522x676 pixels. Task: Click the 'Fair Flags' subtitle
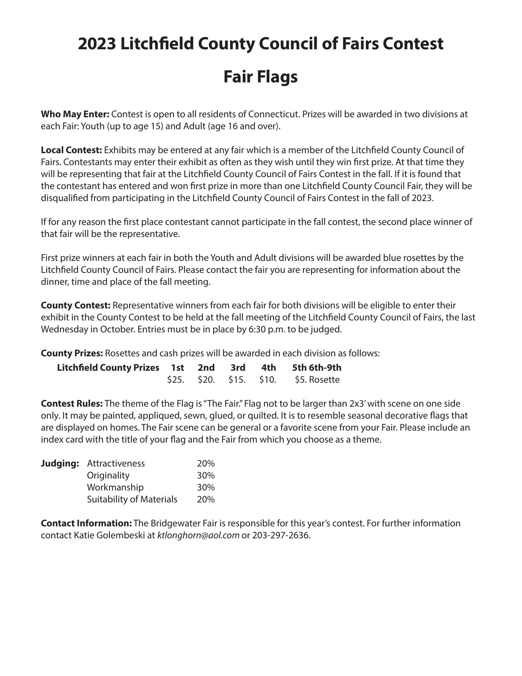pyautogui.click(x=261, y=77)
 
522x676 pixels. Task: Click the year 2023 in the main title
pyautogui.click(x=97, y=44)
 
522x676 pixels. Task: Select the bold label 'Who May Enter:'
pyautogui.click(x=75, y=114)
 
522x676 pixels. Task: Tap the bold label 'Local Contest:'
pyautogui.click(x=71, y=150)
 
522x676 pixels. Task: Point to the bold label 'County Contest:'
pyautogui.click(x=76, y=305)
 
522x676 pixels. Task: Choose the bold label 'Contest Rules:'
pyautogui.click(x=72, y=403)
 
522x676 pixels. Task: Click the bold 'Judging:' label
pyautogui.click(x=60, y=463)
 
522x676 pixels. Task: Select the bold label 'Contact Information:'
pyautogui.click(x=87, y=524)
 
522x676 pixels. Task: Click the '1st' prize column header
pyautogui.click(x=177, y=368)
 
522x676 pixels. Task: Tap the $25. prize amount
pyautogui.click(x=176, y=380)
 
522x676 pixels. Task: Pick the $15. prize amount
pyautogui.click(x=237, y=380)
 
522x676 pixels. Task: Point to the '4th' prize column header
pyautogui.click(x=268, y=368)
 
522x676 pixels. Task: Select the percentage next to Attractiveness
pyautogui.click(x=206, y=463)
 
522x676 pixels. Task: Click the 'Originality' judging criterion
pyautogui.click(x=108, y=475)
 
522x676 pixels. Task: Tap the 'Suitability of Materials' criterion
pyautogui.click(x=132, y=499)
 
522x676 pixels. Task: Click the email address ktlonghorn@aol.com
pyautogui.click(x=198, y=536)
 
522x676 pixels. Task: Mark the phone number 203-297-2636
pyautogui.click(x=281, y=536)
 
